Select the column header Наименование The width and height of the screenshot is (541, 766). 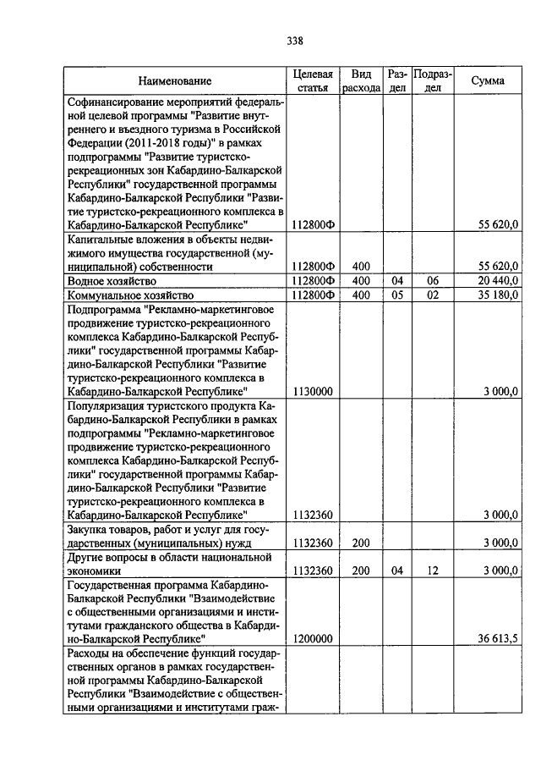(175, 81)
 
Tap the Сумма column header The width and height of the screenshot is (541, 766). (489, 80)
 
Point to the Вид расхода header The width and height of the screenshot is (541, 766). (361, 80)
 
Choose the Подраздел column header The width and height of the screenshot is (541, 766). (432, 80)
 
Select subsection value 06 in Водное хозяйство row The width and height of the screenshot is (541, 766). (432, 280)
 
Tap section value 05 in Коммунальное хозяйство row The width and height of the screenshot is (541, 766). (397, 295)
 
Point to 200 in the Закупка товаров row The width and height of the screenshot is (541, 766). (361, 543)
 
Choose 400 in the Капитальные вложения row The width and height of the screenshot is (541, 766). (361, 266)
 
